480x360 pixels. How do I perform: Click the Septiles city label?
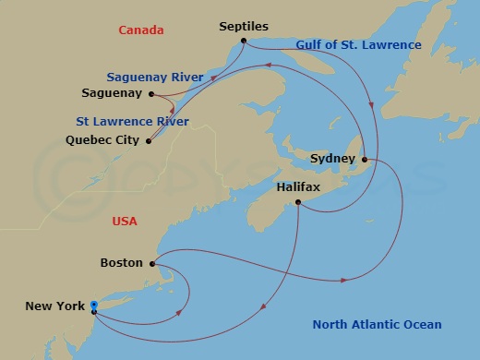click(243, 27)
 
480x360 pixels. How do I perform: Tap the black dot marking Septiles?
click(243, 41)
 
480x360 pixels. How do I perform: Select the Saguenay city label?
click(113, 94)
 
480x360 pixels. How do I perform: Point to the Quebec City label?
click(103, 141)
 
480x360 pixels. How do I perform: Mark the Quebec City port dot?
click(149, 141)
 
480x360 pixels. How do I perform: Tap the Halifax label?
click(298, 187)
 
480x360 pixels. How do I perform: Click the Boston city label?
click(121, 263)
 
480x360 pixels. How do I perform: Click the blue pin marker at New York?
click(93, 306)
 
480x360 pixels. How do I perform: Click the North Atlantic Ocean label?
click(377, 325)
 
